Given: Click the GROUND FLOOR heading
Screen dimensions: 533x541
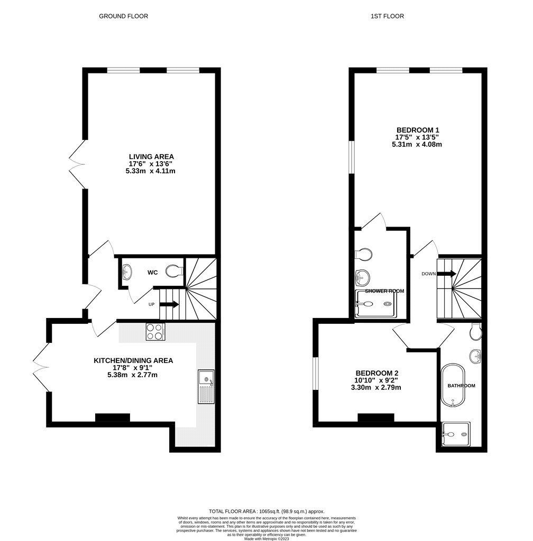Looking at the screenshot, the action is coord(123,16).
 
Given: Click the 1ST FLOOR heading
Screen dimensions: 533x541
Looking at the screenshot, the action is coord(387,16).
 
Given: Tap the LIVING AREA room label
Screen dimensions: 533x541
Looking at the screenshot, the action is coord(151,156).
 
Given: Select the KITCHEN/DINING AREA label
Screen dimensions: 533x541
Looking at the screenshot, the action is coord(133,360).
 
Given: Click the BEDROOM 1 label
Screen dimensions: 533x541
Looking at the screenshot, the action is coord(418,130).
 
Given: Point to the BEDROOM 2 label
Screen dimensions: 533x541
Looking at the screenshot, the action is coord(377,373).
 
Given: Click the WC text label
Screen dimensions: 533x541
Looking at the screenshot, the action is coord(153,273).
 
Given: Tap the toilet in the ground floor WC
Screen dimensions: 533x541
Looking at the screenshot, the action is coord(174,271).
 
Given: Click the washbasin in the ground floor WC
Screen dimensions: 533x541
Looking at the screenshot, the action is coord(127,272).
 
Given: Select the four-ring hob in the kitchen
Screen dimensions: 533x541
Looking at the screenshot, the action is coord(155,332).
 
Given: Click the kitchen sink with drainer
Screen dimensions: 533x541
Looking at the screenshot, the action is coord(206,386).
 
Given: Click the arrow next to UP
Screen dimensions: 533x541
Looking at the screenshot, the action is coord(169,305).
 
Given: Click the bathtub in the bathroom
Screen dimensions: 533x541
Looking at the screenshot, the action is coord(453,385).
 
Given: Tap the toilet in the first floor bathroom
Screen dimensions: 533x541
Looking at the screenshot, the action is coord(475,332).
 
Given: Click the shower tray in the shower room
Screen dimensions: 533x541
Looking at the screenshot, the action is coord(376,304).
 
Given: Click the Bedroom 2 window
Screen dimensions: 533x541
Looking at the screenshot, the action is coord(316,374).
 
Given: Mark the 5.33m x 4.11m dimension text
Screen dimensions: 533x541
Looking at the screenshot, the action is coord(151,171).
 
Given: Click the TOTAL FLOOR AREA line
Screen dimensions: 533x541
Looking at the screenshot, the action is coord(266,511).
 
